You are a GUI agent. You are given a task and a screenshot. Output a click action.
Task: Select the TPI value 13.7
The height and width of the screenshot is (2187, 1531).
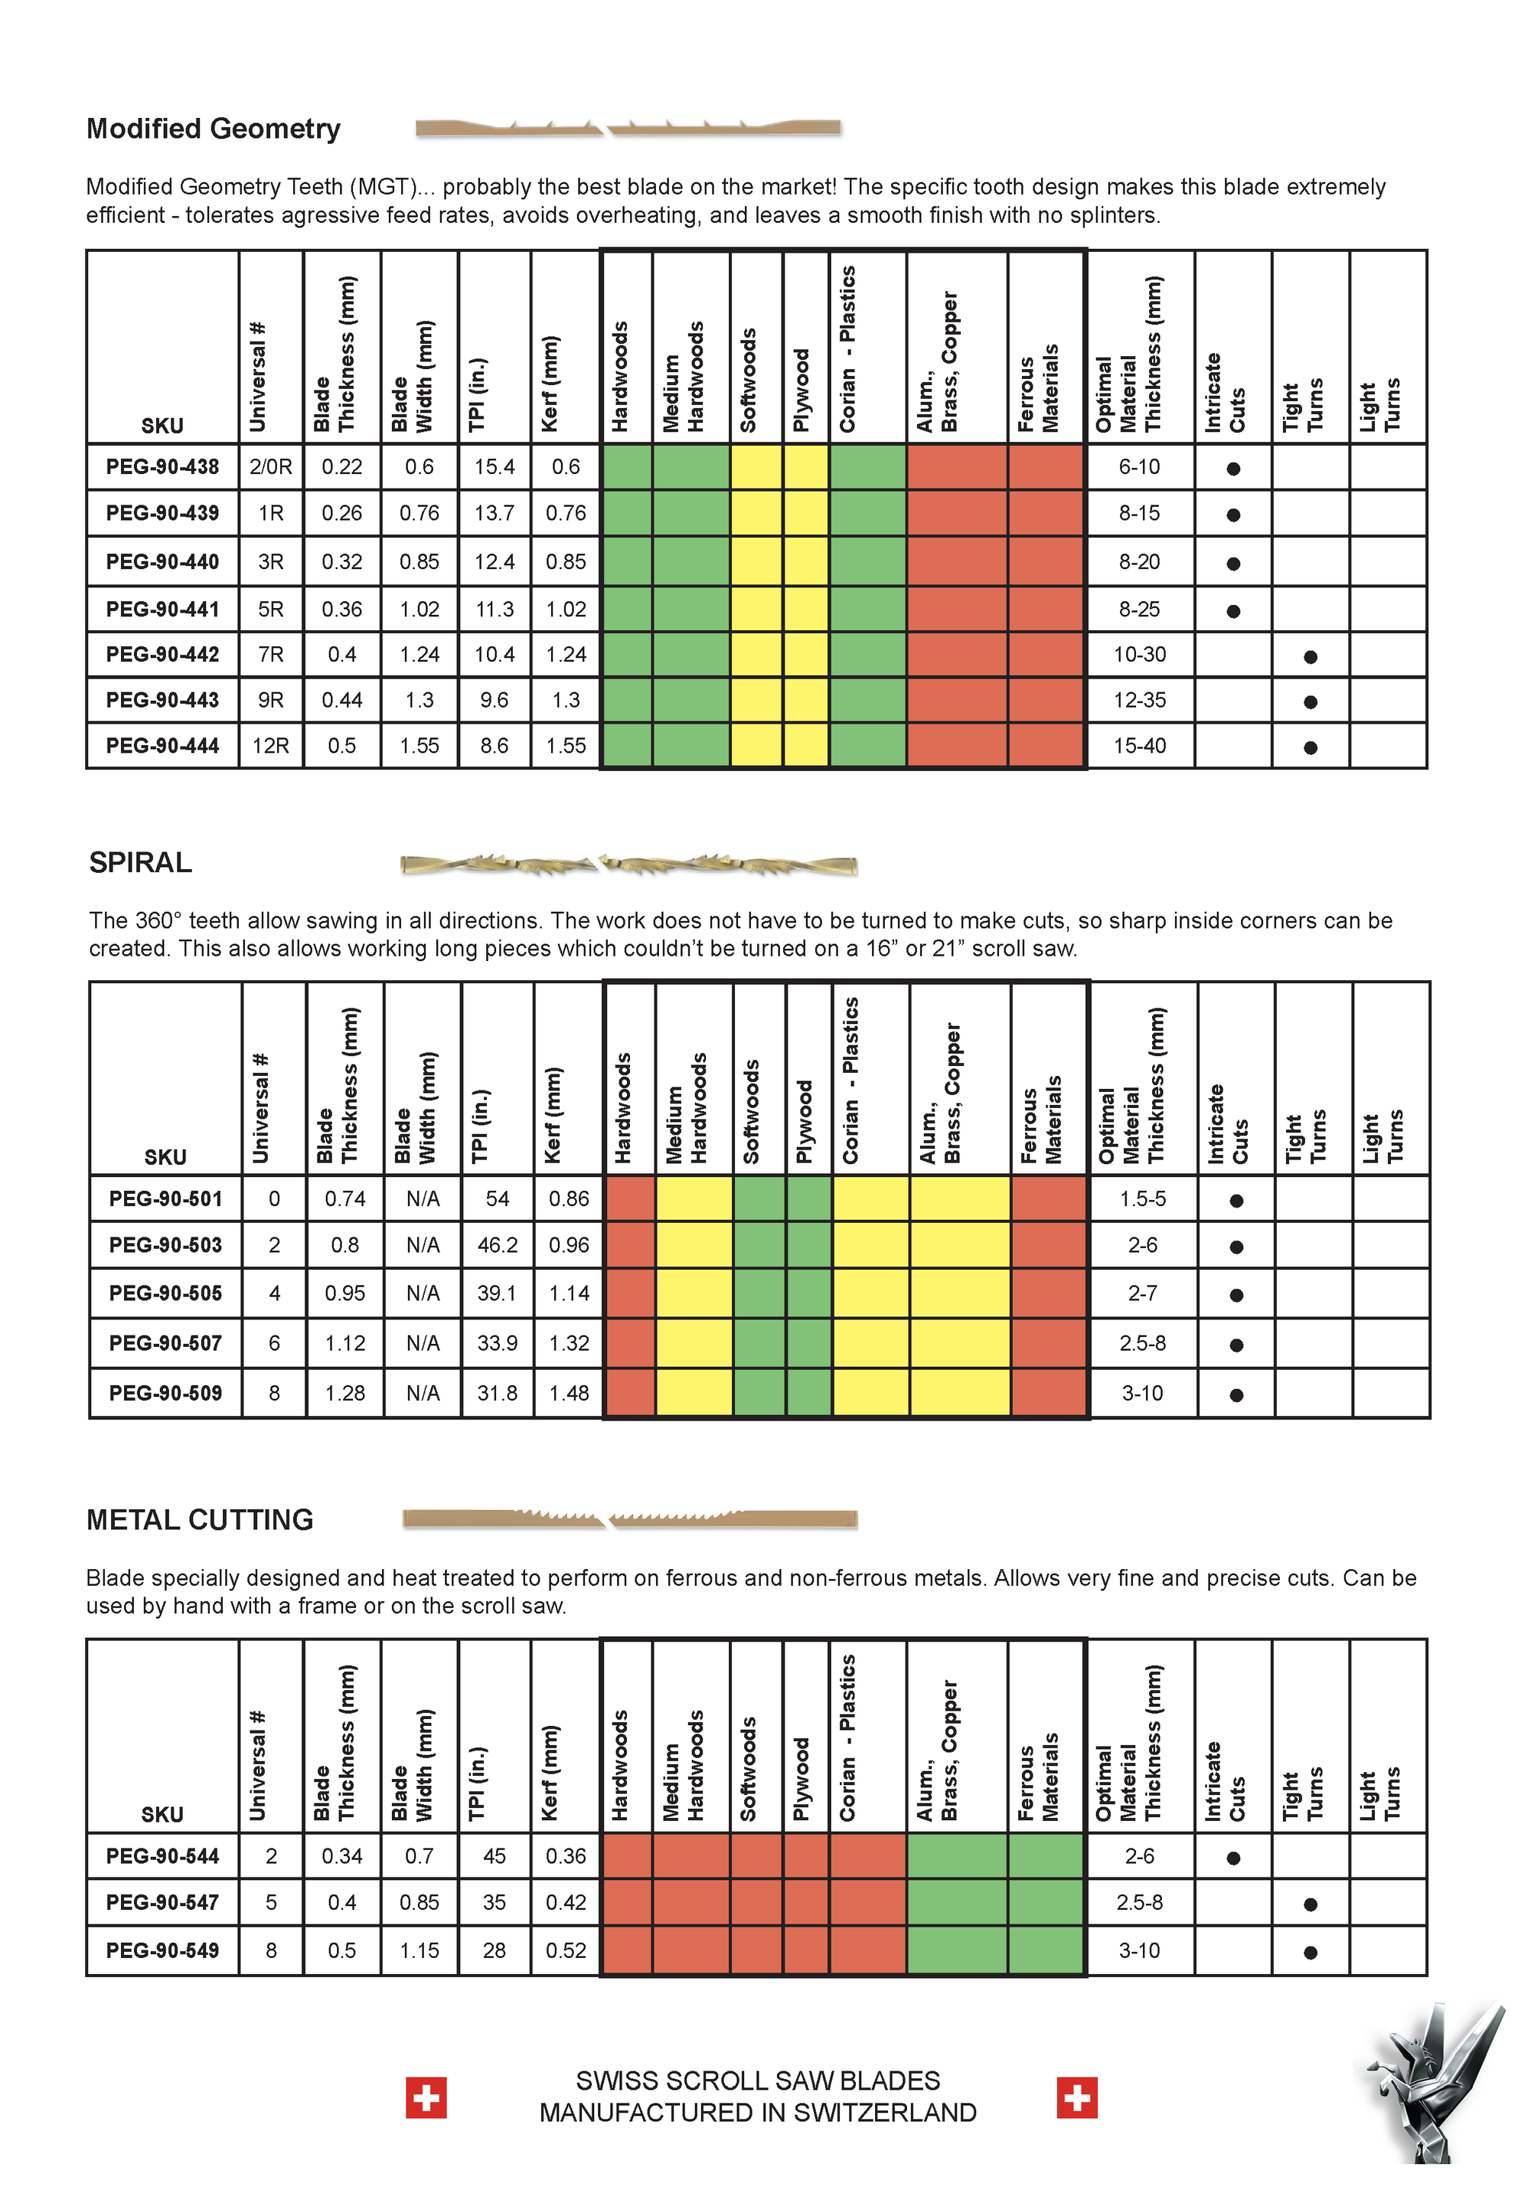click(495, 513)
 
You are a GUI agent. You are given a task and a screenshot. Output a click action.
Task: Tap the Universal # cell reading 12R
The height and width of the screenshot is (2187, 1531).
click(270, 746)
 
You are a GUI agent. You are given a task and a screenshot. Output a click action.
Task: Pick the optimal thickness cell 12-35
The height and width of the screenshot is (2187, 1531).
click(1139, 700)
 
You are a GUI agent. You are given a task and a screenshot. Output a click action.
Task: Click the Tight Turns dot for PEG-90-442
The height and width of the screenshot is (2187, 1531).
click(1310, 656)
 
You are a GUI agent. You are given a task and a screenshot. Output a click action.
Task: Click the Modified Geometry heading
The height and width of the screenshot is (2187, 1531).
click(214, 129)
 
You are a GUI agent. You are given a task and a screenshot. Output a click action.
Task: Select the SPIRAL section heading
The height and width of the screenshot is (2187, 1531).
click(140, 862)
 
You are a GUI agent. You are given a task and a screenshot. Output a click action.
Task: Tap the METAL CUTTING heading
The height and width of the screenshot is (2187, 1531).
click(200, 1519)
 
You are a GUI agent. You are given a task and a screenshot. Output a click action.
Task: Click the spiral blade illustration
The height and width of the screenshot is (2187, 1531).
click(628, 865)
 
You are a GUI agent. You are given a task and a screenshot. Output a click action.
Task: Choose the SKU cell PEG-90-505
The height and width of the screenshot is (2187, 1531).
click(165, 1293)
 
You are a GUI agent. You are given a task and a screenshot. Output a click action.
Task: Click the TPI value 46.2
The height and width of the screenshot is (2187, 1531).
click(497, 1245)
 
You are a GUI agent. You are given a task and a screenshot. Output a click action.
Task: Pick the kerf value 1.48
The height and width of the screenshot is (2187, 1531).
click(569, 1394)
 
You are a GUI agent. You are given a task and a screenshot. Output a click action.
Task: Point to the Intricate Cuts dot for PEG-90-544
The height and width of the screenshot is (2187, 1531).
click(1233, 1858)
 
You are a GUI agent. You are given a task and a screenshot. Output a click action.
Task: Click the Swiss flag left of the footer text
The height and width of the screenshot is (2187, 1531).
click(426, 2097)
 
